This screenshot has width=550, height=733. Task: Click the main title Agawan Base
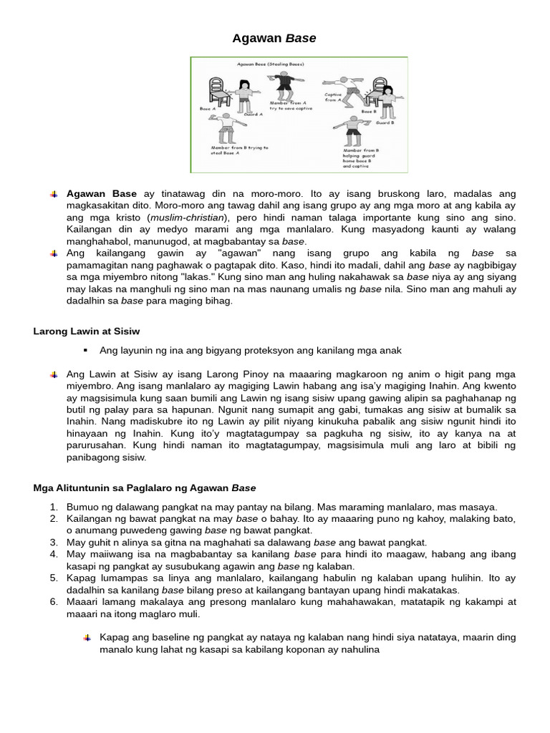(274, 38)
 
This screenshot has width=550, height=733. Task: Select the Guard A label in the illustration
(253, 115)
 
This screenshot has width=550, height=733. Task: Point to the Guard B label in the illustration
(385, 123)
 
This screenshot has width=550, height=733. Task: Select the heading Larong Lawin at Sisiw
(87, 331)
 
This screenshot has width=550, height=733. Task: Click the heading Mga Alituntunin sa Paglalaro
(145, 488)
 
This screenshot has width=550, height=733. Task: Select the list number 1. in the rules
(54, 507)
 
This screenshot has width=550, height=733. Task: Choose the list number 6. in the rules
(54, 602)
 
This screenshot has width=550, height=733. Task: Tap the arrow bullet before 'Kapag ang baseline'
(87, 637)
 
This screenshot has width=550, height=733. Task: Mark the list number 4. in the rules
(54, 554)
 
